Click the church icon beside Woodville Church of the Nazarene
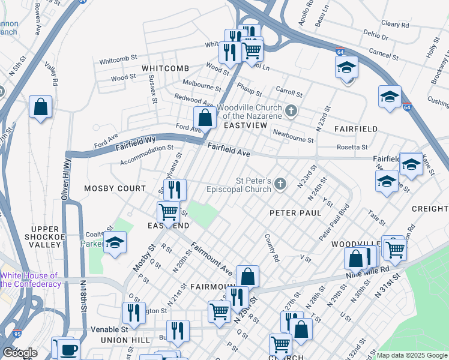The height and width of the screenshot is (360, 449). [x=291, y=110]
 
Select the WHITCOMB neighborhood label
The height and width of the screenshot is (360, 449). [x=165, y=68]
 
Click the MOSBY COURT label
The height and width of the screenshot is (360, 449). [x=115, y=188]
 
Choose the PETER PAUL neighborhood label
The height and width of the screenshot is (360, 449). [x=295, y=213]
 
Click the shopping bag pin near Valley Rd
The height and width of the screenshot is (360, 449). [x=40, y=108]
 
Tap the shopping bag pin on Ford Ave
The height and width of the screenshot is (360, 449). [x=205, y=118]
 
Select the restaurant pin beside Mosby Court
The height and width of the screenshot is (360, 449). [x=175, y=190]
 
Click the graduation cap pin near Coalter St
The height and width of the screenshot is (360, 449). [x=115, y=243]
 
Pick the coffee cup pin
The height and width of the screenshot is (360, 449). [x=66, y=349]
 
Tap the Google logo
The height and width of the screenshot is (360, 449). [x=20, y=353]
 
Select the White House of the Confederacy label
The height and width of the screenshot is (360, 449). [x=30, y=279]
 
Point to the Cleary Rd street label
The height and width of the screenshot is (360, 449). [x=394, y=25]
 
